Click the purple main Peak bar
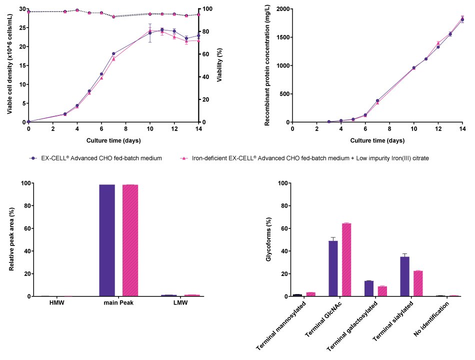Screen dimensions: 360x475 click(107, 240)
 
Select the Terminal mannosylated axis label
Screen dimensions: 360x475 click(281, 325)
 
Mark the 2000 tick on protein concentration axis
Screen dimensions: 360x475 click(281, 9)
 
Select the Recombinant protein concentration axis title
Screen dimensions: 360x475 click(267, 65)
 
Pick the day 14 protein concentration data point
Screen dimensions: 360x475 click(462, 19)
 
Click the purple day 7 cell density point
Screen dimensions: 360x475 click(113, 53)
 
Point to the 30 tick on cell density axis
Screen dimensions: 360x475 click(22, 9)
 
